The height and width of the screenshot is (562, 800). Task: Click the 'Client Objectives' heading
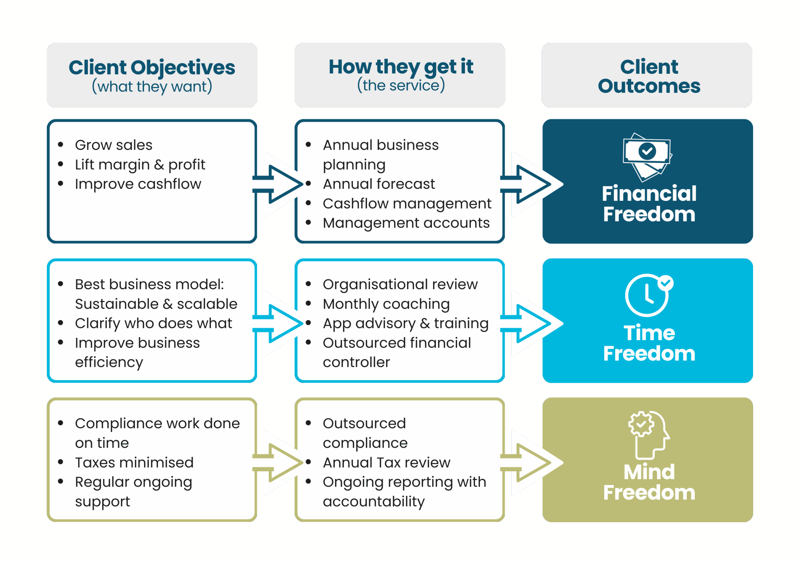pos(152,67)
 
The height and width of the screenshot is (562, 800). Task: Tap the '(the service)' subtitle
pos(401,85)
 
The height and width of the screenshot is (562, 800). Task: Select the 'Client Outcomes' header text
pos(649,76)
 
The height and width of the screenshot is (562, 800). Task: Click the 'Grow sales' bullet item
pos(113,145)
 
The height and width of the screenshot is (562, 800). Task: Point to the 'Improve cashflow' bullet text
pos(138,184)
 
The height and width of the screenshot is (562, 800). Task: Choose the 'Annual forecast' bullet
pos(379,184)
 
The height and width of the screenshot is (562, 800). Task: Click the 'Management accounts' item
pos(406,223)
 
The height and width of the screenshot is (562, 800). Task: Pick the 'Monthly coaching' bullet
pos(386,304)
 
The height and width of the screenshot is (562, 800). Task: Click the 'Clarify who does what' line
pos(153,323)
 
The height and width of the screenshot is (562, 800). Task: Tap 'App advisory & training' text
pos(406,323)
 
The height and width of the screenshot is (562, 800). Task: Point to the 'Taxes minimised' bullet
pos(134,463)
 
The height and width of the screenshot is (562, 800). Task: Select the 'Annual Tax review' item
pos(387,463)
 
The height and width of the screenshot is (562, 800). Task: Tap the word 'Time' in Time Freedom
pos(649,333)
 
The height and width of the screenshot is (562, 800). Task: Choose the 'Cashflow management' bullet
pos(407,203)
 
